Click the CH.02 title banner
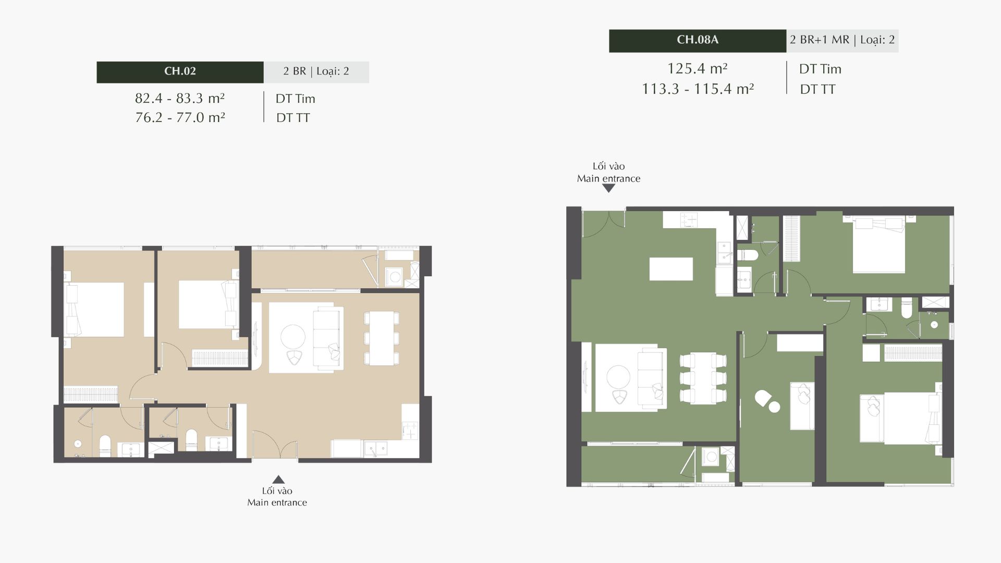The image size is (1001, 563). click(180, 72)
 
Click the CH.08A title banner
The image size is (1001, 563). click(698, 41)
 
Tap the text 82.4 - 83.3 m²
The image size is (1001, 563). click(180, 99)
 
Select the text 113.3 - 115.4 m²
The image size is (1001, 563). click(698, 89)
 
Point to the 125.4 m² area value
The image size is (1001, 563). click(698, 68)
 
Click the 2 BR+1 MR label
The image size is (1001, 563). click(819, 40)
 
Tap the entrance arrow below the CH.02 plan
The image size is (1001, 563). click(279, 480)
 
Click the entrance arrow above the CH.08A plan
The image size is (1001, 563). click(608, 189)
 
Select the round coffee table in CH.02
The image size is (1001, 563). click(293, 337)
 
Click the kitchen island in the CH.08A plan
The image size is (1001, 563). click(671, 269)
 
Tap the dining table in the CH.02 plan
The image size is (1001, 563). click(382, 338)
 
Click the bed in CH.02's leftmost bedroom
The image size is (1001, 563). click(94, 309)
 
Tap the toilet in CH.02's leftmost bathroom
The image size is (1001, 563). click(105, 446)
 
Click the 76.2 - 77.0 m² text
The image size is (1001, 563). click(180, 118)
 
